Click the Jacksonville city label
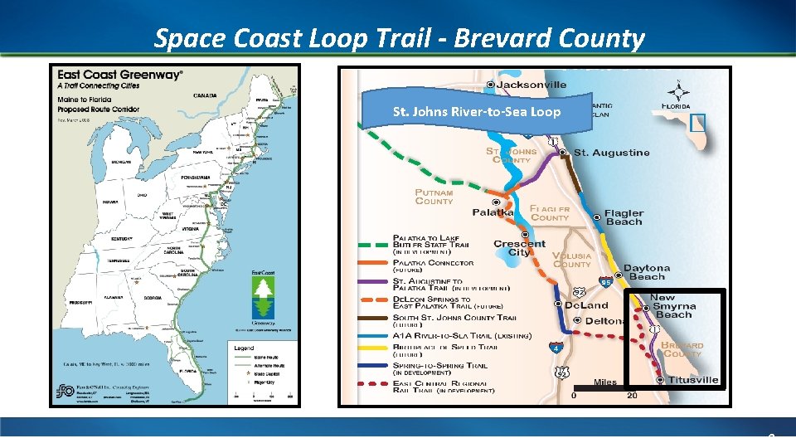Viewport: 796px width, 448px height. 531,84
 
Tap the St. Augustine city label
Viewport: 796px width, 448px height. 611,153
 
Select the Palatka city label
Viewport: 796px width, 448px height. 493,212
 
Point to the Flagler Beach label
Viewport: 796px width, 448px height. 624,217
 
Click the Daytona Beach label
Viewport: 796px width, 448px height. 647,272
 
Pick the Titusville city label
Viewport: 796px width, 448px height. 693,380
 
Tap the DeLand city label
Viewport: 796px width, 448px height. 586,305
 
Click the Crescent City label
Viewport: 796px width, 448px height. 519,248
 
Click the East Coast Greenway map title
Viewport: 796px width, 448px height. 119,75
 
